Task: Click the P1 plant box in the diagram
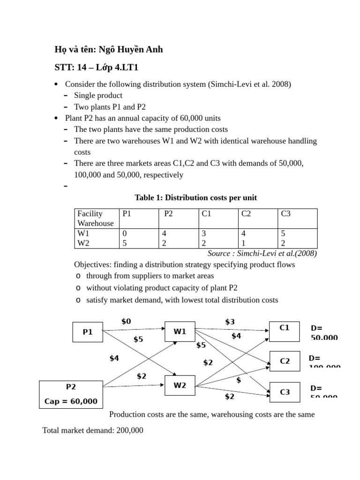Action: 88,332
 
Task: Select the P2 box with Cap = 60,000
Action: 71,394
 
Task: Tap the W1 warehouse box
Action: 180,331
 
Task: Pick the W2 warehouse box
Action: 180,386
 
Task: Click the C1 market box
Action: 285,331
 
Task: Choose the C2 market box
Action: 285,361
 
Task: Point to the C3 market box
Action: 285,391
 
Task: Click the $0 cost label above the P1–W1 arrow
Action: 126,321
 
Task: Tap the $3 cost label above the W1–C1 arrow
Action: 230,321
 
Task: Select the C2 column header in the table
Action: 246,214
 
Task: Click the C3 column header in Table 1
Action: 286,214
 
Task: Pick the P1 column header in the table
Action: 127,214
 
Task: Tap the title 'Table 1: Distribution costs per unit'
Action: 195,197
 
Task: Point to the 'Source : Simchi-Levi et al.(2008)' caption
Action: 262,253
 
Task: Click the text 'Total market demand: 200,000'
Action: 93,430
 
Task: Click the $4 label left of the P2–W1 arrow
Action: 114,358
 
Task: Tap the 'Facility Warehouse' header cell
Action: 96,218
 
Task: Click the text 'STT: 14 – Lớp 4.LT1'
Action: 97,67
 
